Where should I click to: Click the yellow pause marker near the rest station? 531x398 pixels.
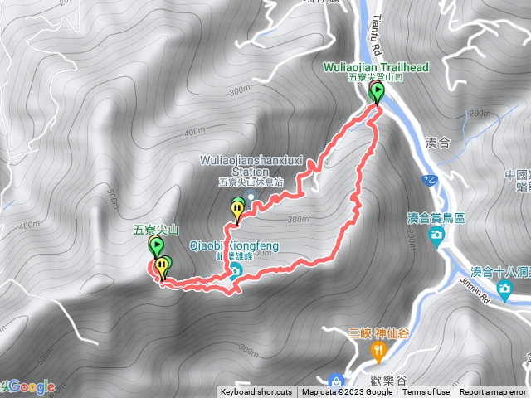coord(238,208)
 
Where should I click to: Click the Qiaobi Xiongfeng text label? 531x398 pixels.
coord(234,245)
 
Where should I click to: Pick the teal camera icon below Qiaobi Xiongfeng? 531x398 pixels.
coord(235,271)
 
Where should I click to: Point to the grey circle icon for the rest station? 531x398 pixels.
coord(251,196)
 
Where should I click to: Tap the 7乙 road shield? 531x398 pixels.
coord(427,178)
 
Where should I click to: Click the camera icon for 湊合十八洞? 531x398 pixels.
coord(504,288)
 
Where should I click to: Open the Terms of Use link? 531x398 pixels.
coord(426,392)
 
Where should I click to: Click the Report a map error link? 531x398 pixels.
coord(493,392)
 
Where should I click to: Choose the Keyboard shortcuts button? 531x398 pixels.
coord(256,392)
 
